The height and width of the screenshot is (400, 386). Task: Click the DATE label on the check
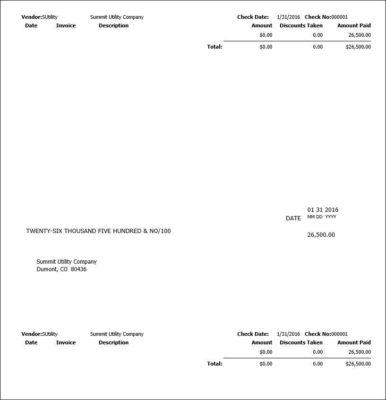coord(293,218)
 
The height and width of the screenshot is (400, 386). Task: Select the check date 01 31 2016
coord(323,210)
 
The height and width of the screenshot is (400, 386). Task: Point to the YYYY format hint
coord(330,217)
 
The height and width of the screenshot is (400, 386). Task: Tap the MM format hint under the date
coord(311,217)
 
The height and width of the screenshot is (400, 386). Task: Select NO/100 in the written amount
coord(160,231)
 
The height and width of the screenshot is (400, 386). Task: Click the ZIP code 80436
coord(78,270)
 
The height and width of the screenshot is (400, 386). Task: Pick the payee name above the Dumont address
coord(67,262)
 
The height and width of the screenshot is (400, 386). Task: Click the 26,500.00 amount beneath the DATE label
coord(321,235)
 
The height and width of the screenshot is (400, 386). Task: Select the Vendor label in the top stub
coord(31,17)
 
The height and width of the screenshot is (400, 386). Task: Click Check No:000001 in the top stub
coord(326,17)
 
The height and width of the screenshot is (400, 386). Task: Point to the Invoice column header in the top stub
coord(66,25)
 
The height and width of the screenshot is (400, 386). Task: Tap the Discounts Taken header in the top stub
coord(301,25)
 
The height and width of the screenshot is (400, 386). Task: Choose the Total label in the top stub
coord(214,47)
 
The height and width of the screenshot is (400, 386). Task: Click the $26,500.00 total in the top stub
coord(358,47)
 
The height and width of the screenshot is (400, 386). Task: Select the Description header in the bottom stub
coord(113,342)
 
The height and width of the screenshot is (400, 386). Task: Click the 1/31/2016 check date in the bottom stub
coord(288,334)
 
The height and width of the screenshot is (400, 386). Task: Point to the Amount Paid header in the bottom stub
coord(354,342)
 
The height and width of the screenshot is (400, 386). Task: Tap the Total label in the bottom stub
coord(214,364)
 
